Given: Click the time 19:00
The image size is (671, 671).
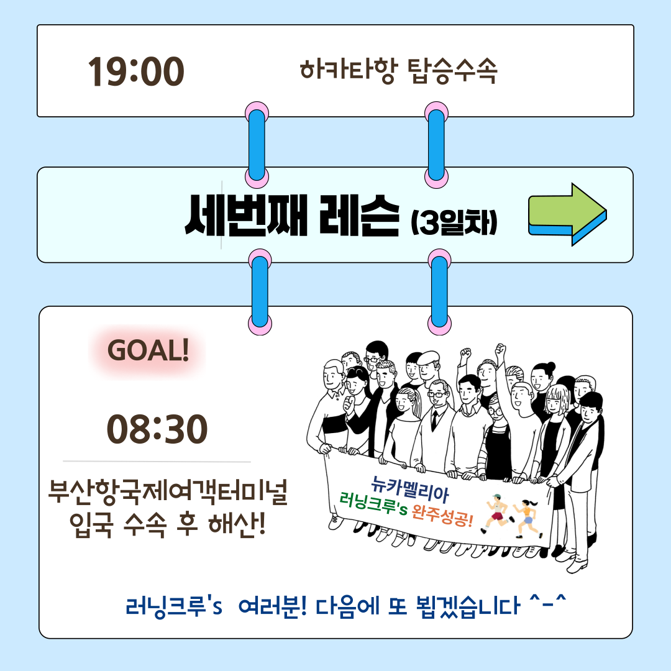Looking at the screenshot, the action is (x=136, y=71).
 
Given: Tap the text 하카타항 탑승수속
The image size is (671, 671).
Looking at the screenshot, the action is (x=398, y=71).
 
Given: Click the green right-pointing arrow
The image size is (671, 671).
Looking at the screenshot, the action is (x=568, y=214).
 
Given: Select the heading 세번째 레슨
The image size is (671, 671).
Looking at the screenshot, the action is (x=292, y=215).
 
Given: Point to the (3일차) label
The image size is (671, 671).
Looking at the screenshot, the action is (x=454, y=222).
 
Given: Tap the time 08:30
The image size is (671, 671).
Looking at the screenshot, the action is (x=157, y=429).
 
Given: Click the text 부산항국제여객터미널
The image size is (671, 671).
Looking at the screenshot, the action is (x=168, y=493).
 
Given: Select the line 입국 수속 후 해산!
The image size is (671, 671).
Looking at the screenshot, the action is (x=168, y=524).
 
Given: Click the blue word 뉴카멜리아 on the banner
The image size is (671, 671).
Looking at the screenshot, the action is (x=409, y=490).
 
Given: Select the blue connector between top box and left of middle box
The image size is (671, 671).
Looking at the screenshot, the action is (x=257, y=145).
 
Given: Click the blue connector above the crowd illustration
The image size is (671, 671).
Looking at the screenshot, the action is (x=439, y=292).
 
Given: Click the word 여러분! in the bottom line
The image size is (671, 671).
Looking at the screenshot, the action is (x=272, y=606).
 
